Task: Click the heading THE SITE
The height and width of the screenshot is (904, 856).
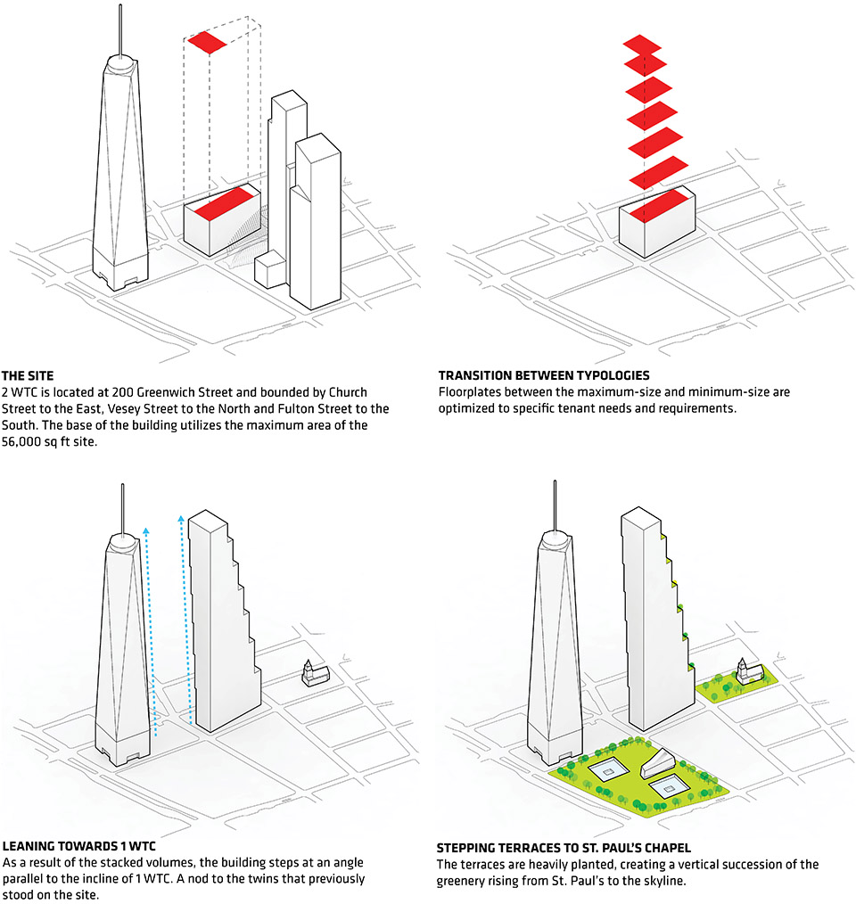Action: (x=28, y=376)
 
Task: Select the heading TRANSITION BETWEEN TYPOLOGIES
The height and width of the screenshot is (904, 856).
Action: (x=544, y=375)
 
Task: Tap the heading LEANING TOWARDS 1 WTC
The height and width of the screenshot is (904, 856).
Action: (x=79, y=846)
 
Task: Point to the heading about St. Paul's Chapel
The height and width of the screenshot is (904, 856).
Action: (x=564, y=848)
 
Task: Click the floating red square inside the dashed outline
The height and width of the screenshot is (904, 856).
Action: (x=207, y=43)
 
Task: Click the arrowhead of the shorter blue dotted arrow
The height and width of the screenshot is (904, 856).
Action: (x=146, y=531)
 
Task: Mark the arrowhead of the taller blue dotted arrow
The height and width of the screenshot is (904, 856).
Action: (x=181, y=519)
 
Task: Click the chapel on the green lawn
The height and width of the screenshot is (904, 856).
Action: (x=750, y=671)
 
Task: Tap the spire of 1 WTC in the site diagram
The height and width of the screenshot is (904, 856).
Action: (x=120, y=29)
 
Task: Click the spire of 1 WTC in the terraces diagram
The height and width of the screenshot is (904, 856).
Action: (x=555, y=505)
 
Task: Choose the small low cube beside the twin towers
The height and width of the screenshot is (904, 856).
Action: (x=270, y=269)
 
